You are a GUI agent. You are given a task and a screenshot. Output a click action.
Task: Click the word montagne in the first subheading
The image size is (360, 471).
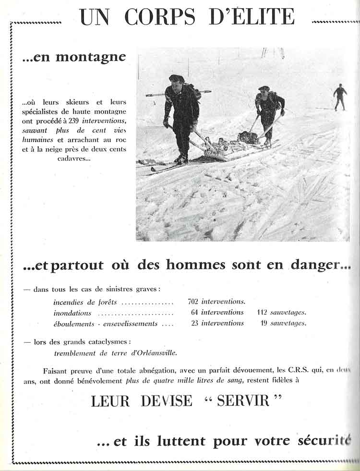[91, 57]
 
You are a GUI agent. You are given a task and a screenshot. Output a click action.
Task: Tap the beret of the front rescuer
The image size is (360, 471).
[176, 78]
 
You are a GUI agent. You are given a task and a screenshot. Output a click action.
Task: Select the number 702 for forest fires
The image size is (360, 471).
[193, 302]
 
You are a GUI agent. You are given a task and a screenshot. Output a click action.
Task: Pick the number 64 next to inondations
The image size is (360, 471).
[195, 313]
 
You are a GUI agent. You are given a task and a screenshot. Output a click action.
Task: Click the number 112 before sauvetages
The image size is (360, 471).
[262, 313]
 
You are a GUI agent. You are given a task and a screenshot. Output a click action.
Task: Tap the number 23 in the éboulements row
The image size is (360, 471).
[195, 323]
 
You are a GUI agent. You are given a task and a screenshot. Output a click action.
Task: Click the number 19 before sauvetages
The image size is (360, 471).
[264, 323]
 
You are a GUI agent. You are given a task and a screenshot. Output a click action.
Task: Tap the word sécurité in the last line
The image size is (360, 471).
[324, 440]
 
